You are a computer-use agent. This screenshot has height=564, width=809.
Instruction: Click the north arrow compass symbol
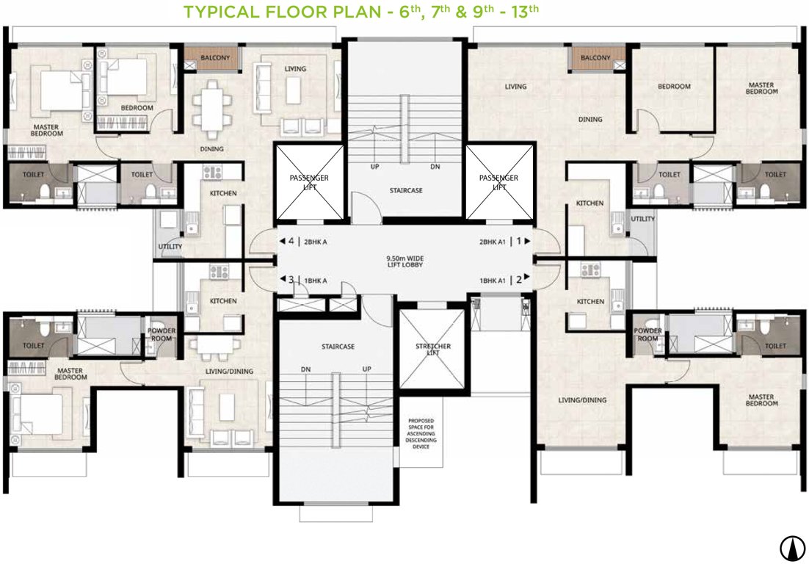[x=791, y=546]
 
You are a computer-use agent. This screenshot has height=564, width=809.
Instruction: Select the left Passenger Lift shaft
[x=309, y=182]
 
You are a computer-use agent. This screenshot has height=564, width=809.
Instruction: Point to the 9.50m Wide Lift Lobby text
[x=405, y=261]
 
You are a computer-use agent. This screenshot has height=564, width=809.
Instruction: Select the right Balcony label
[x=595, y=58]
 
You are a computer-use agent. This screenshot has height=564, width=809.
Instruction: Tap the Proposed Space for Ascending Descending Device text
[x=422, y=433]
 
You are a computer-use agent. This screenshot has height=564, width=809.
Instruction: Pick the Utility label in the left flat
[x=170, y=247]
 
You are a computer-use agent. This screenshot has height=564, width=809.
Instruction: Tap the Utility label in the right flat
[x=642, y=219]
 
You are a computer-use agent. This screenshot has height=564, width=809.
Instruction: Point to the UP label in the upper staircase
[x=374, y=167]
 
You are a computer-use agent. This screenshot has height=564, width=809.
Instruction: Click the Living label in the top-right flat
[x=515, y=87]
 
